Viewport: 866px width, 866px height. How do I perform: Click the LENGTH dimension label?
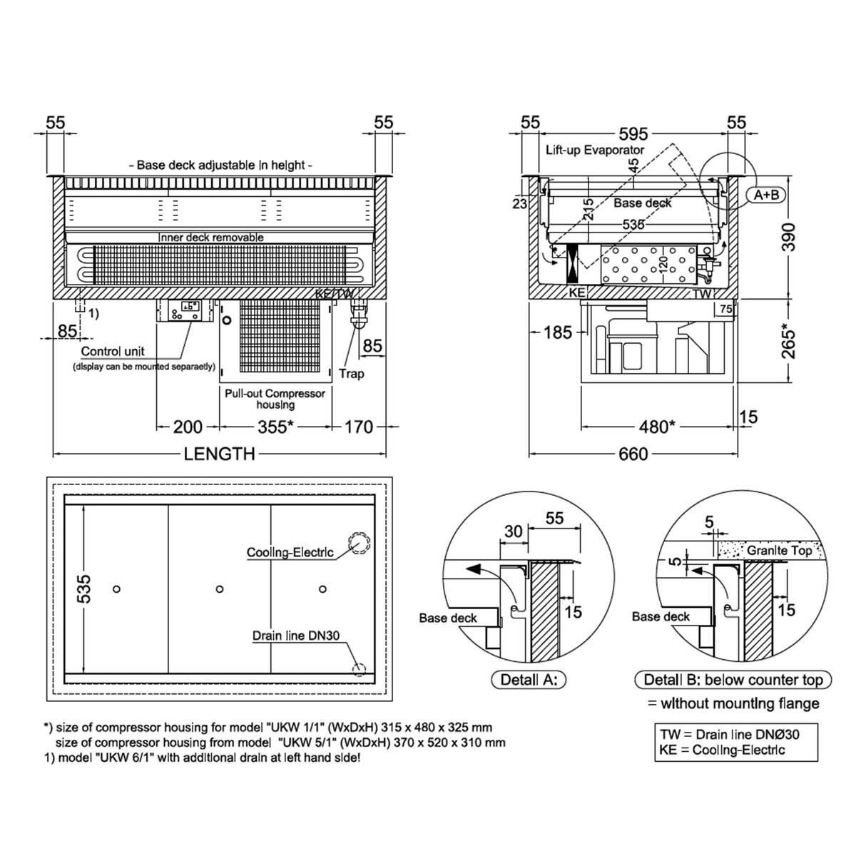pos(219,454)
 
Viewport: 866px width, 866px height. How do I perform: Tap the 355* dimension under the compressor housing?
pos(275,427)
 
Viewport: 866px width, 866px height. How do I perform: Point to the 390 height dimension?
pos(788,237)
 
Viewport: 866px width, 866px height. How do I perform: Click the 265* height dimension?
pos(788,342)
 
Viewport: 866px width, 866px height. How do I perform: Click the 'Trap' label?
pos(351,374)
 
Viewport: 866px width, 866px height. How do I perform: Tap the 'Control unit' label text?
pos(113,351)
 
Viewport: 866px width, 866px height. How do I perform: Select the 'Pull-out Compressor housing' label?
pos(275,399)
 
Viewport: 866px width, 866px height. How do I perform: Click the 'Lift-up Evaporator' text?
pos(595,150)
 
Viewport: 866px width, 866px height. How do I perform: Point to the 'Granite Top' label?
pos(780,551)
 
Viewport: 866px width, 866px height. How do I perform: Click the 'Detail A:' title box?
pos(529,680)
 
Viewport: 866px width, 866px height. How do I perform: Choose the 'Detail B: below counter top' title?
pos(733,680)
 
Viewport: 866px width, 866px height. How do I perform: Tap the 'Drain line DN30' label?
pos(296,636)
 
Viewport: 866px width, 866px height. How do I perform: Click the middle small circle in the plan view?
pos(220,589)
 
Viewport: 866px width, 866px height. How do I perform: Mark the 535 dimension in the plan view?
pos(84,589)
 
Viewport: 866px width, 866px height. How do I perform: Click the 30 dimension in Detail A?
pos(514,531)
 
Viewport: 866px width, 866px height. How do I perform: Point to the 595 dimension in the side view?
pos(633,133)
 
